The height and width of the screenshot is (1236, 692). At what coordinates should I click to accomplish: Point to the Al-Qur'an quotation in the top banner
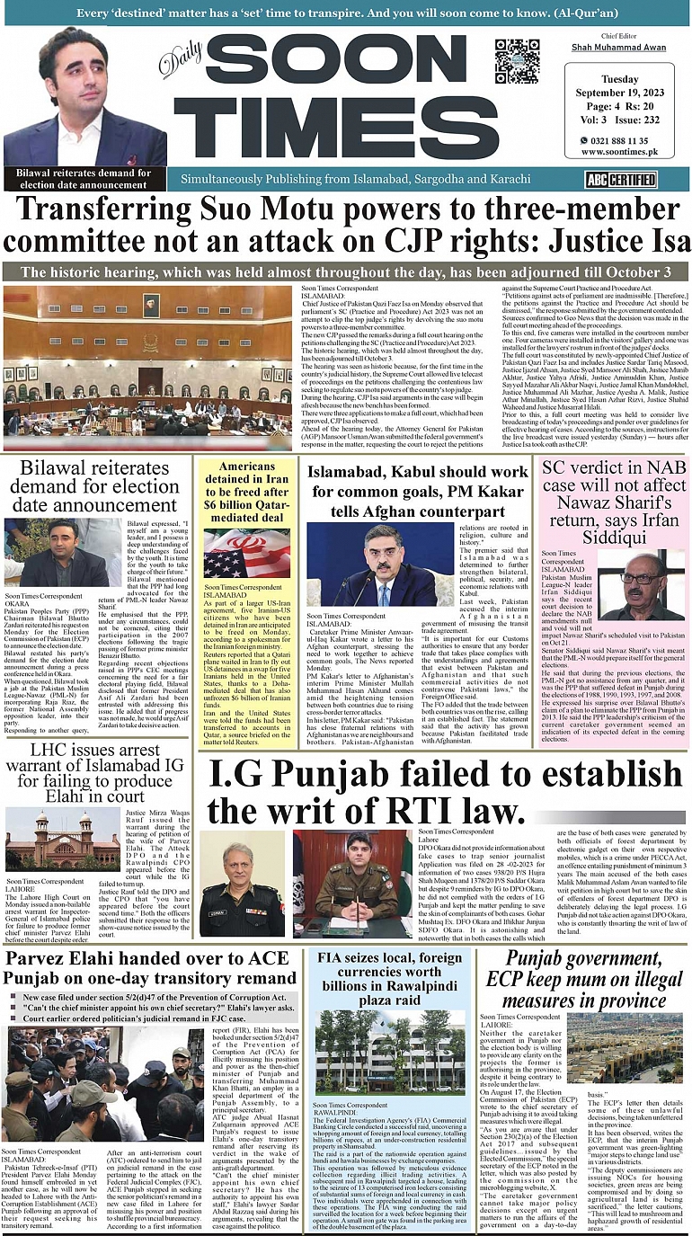point(345,12)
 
